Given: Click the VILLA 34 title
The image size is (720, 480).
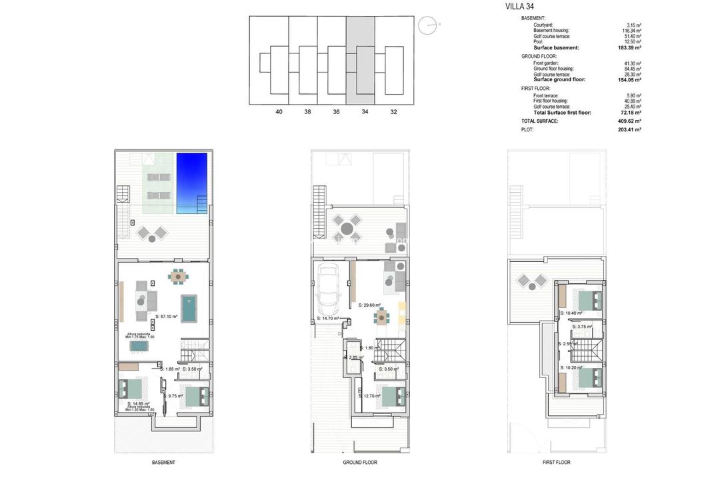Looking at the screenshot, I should (520, 7).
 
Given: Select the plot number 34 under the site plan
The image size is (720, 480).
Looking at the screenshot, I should (365, 112).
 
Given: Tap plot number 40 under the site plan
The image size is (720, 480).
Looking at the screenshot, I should (279, 112).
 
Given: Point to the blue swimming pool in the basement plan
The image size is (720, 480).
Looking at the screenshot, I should (192, 183).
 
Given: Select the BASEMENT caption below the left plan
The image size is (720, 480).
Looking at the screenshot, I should (163, 462).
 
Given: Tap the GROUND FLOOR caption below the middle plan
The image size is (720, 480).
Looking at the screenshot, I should (361, 462).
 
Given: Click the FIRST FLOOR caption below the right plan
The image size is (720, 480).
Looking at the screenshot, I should (557, 462).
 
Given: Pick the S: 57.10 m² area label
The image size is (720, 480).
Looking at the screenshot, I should (166, 317).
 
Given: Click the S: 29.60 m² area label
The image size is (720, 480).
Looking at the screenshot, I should (369, 305).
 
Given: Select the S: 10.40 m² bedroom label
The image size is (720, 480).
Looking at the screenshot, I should (571, 313).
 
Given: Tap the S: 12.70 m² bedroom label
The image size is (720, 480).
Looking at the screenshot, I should (369, 396).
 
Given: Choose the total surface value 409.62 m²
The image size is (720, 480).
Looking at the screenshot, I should (629, 121).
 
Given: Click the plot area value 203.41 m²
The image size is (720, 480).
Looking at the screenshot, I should (629, 129).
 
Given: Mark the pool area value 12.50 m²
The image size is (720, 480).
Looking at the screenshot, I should (630, 42).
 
